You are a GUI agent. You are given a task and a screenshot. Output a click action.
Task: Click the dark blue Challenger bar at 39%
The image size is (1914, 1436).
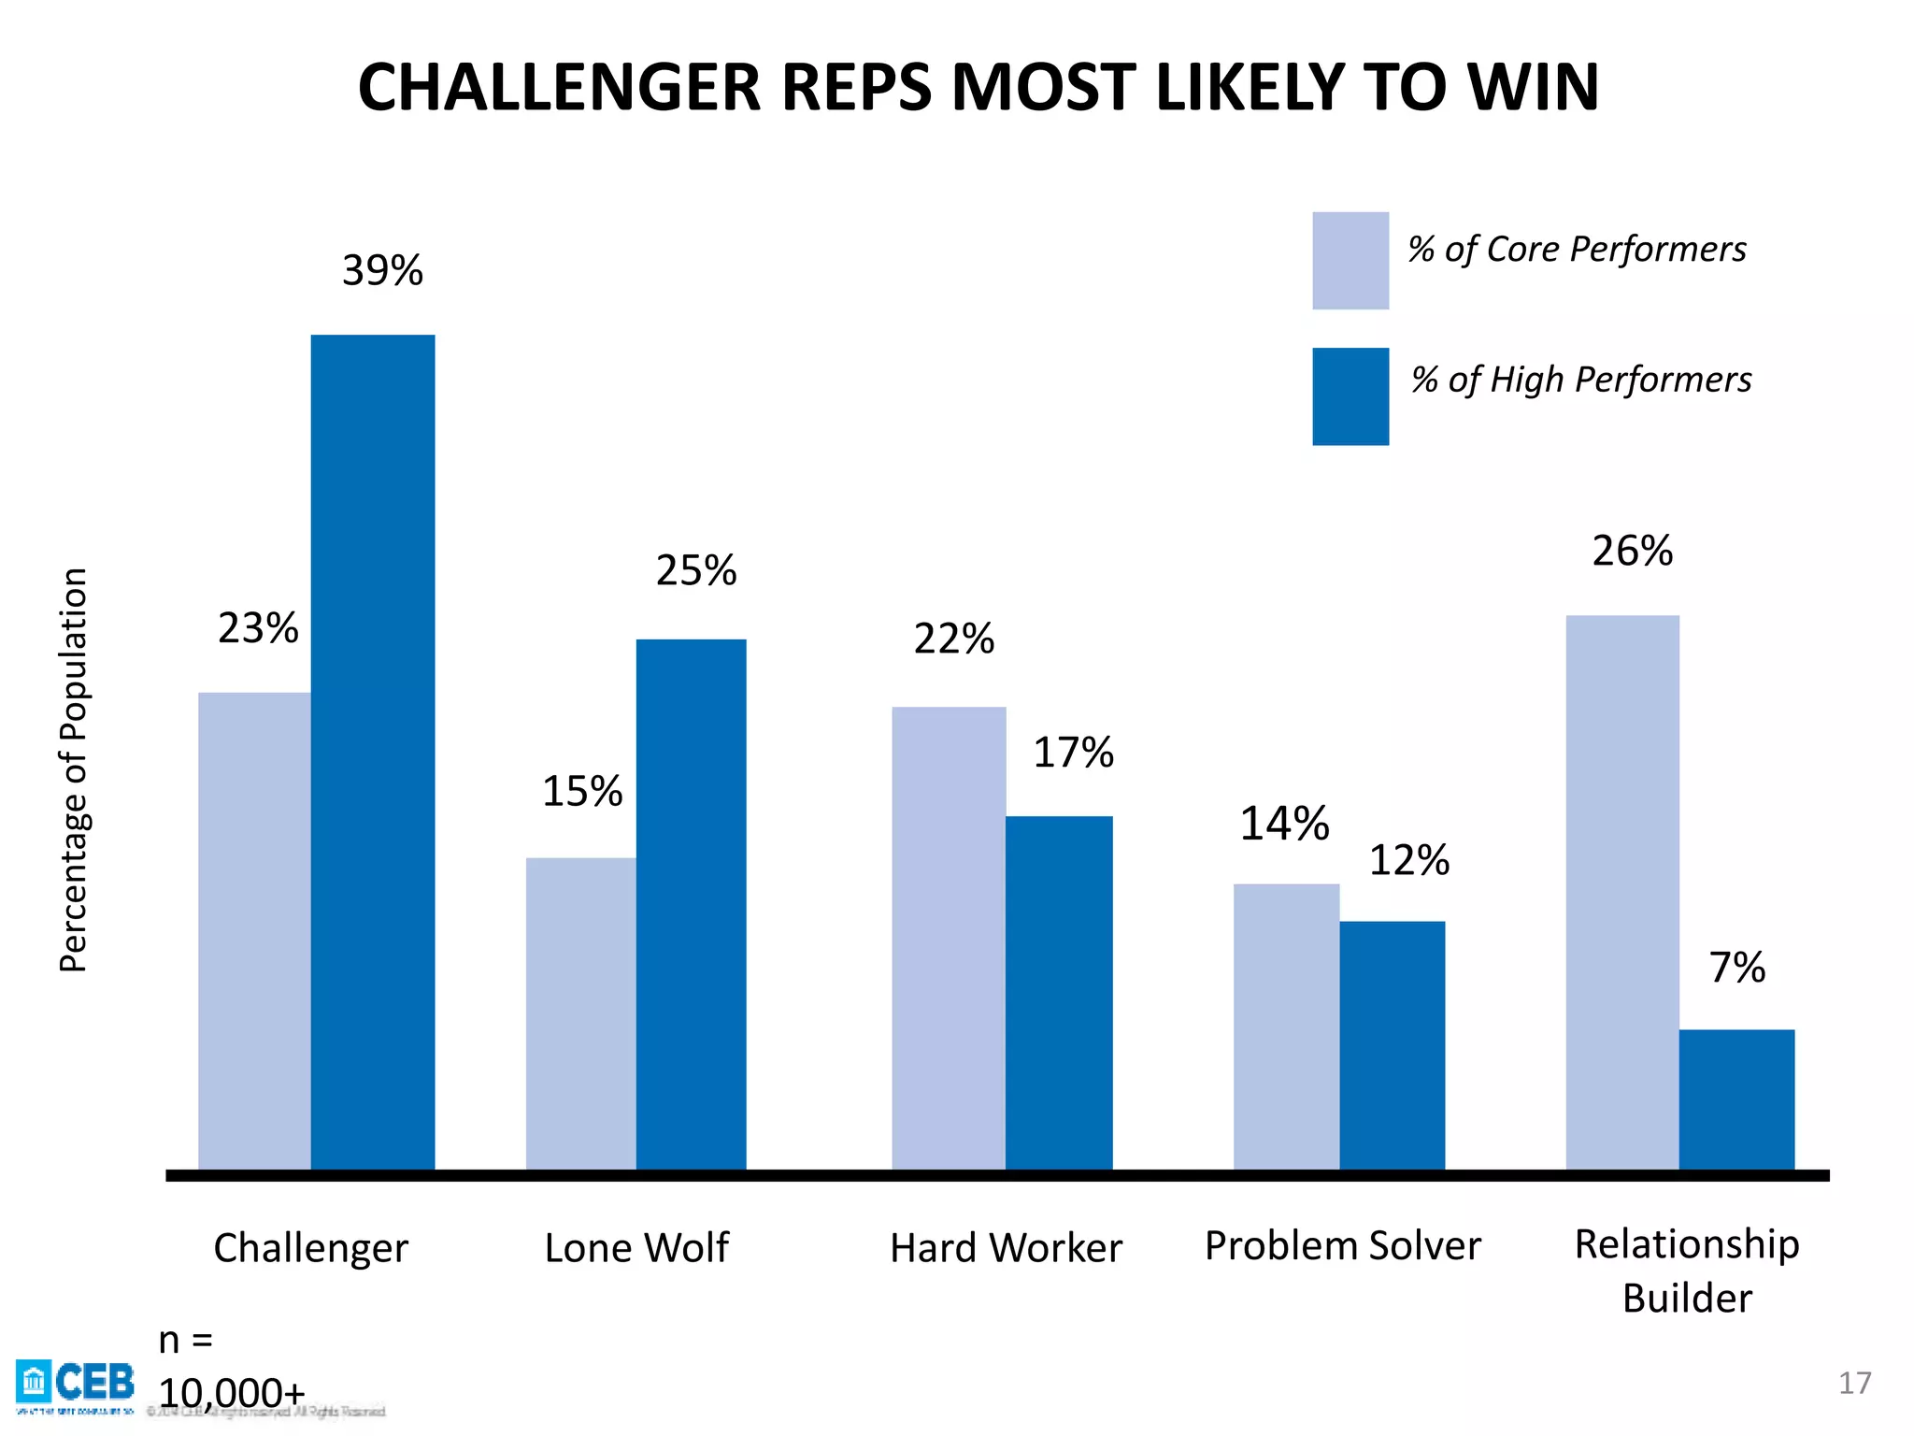pos(372,752)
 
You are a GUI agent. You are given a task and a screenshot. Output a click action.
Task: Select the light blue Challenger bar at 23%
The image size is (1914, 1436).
pos(254,930)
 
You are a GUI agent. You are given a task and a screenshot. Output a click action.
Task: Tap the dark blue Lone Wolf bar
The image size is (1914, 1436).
pos(691,904)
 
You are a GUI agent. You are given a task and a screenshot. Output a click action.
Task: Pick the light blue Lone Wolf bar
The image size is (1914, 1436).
pos(580,1013)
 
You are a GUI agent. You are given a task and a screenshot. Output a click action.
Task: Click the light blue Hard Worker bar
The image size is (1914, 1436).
pos(948,938)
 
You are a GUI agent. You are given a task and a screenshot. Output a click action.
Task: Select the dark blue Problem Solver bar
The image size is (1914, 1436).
pos(1392,1045)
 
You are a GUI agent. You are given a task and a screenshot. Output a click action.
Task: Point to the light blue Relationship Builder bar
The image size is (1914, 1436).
pos(1621,892)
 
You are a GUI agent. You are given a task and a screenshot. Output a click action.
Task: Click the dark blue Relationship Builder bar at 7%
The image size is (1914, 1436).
pos(1736,1099)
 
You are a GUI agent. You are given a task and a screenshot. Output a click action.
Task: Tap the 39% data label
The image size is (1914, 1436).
pos(382,271)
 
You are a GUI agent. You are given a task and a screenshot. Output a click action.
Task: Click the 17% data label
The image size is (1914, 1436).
pos(1073,753)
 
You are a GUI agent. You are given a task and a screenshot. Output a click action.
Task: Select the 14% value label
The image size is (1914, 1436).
pos(1283,825)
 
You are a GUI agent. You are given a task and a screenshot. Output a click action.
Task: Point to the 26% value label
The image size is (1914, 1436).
pos(1632,552)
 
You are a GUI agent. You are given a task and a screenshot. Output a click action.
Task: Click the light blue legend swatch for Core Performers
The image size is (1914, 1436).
pos(1350,261)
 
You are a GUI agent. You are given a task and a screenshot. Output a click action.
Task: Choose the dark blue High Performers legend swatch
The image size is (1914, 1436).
pos(1350,396)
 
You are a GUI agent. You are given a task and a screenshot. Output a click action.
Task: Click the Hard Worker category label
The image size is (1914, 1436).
pos(1006,1248)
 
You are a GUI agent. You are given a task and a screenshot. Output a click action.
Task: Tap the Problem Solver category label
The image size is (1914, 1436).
pos(1342,1246)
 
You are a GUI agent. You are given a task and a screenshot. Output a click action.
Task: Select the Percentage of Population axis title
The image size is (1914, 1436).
pos(73,769)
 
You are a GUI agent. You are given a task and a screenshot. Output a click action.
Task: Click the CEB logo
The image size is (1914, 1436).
pos(75,1383)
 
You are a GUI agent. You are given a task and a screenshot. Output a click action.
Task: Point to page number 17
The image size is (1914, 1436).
pos(1854,1383)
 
